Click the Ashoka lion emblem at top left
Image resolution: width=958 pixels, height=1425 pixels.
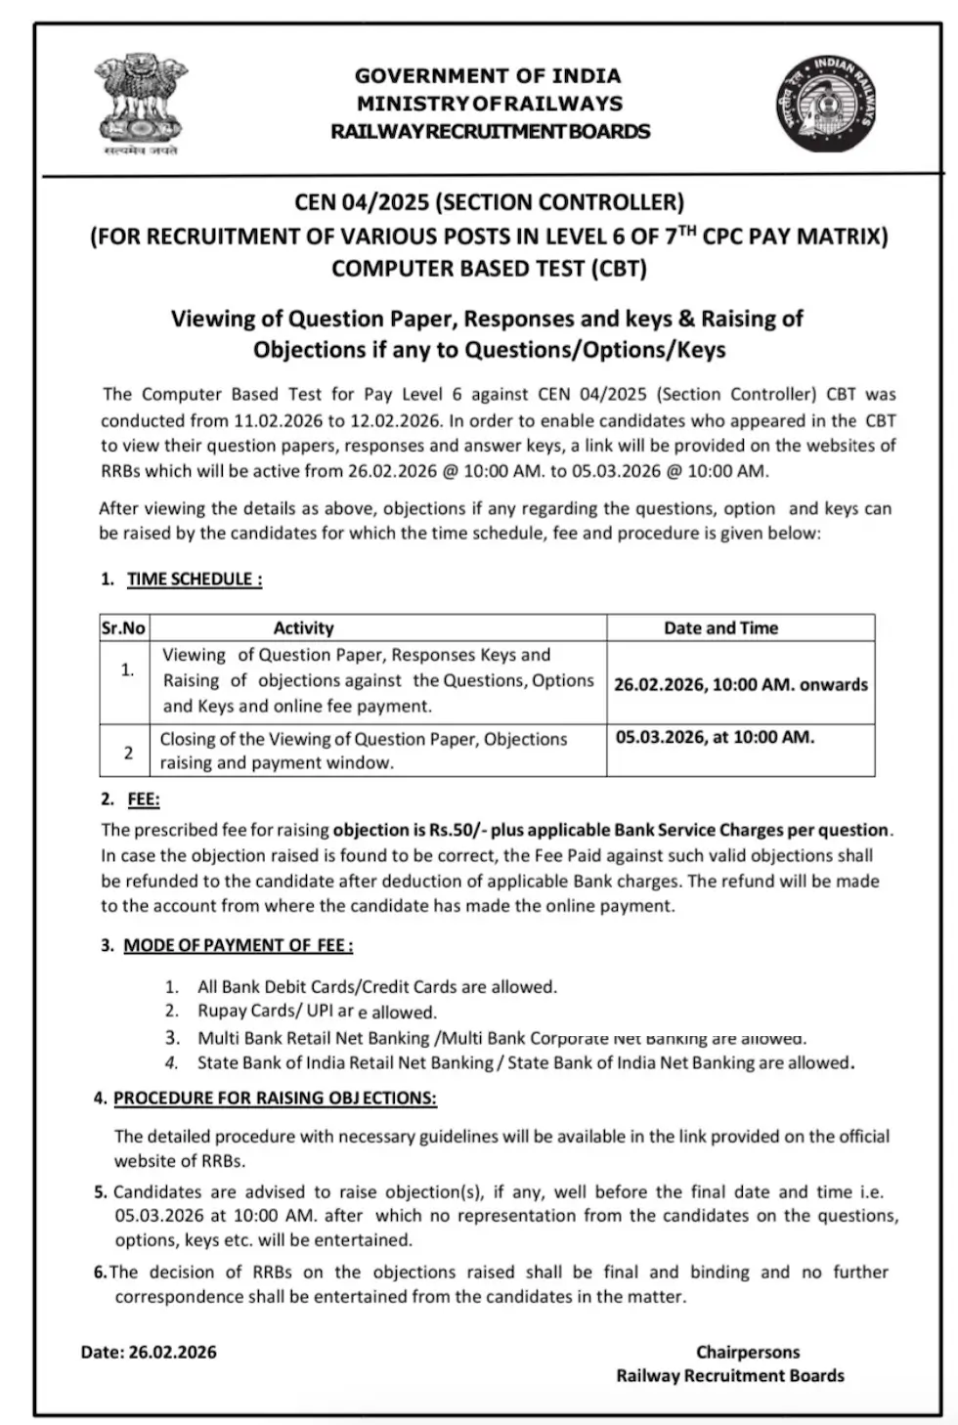(x=141, y=104)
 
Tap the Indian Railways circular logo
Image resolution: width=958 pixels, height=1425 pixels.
(x=827, y=104)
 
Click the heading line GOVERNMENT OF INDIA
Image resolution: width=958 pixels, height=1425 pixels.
(x=488, y=76)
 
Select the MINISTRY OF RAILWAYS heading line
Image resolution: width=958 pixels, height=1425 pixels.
(x=489, y=104)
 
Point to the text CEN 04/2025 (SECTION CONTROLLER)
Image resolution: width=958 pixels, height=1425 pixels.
(x=489, y=202)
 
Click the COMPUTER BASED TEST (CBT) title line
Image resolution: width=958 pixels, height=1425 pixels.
(x=489, y=269)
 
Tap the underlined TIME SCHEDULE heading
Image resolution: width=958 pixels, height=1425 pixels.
(x=194, y=579)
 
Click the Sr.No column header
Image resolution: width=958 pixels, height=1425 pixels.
(x=123, y=628)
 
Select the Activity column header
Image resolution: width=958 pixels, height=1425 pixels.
(x=303, y=628)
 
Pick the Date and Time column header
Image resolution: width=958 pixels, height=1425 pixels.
(x=720, y=628)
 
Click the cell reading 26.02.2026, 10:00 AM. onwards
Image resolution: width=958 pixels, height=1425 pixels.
(x=740, y=684)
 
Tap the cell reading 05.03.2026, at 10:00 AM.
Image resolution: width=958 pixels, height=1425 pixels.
(x=715, y=737)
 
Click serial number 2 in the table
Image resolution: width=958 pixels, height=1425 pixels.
(x=128, y=753)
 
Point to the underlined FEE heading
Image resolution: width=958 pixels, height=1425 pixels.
(x=143, y=799)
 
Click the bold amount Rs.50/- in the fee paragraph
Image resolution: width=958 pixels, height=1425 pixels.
(x=457, y=830)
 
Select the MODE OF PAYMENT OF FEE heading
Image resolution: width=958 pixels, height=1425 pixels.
(x=238, y=945)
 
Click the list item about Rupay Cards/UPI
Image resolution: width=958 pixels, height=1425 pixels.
(x=316, y=1012)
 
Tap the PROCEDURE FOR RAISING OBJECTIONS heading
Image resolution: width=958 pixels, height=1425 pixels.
(x=275, y=1098)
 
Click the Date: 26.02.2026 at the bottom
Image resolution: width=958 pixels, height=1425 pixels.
(x=149, y=1352)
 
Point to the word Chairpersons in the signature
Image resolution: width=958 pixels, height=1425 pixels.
(x=747, y=1352)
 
